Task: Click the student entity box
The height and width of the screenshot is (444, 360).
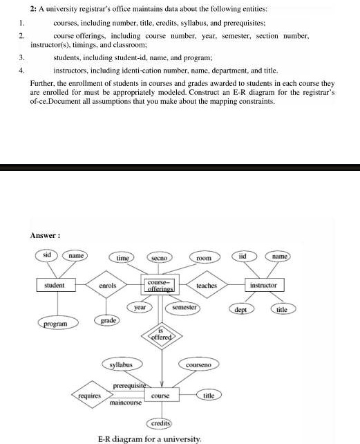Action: point(55,285)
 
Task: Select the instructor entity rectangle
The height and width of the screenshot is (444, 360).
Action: point(263,285)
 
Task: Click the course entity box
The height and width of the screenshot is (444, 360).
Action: point(160,395)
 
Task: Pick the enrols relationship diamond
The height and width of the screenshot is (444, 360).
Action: point(108,285)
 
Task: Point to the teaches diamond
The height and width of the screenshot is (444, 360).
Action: point(207,285)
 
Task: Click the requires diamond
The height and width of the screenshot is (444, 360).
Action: point(86,395)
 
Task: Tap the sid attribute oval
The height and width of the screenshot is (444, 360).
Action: point(47,255)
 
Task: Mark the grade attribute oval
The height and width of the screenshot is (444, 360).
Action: point(106,320)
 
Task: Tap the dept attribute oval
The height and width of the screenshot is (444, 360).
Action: point(240,310)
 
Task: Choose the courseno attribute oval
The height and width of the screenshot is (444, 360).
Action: point(198,364)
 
